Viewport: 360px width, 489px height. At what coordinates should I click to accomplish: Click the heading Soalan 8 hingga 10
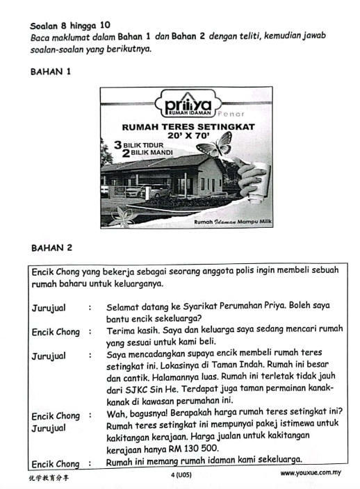pyautogui.click(x=70, y=25)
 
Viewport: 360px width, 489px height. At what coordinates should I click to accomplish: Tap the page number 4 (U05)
pyautogui.click(x=180, y=475)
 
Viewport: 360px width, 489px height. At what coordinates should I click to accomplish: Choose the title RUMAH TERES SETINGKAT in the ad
pyautogui.click(x=188, y=127)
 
